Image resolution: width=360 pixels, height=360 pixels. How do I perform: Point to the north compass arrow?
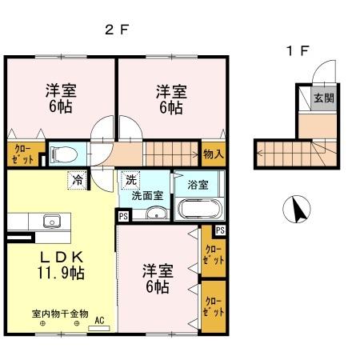coord(297,210)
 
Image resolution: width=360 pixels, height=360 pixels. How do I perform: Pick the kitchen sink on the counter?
coord(53,220)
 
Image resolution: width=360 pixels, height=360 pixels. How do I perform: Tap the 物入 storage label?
coord(213,152)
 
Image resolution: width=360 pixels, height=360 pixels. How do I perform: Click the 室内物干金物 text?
coord(60,314)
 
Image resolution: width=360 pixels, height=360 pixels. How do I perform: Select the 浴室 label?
coord(198,184)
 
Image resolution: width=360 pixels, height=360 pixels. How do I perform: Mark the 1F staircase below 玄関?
coord(292,153)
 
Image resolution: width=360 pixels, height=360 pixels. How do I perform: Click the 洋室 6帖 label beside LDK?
coord(155,277)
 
